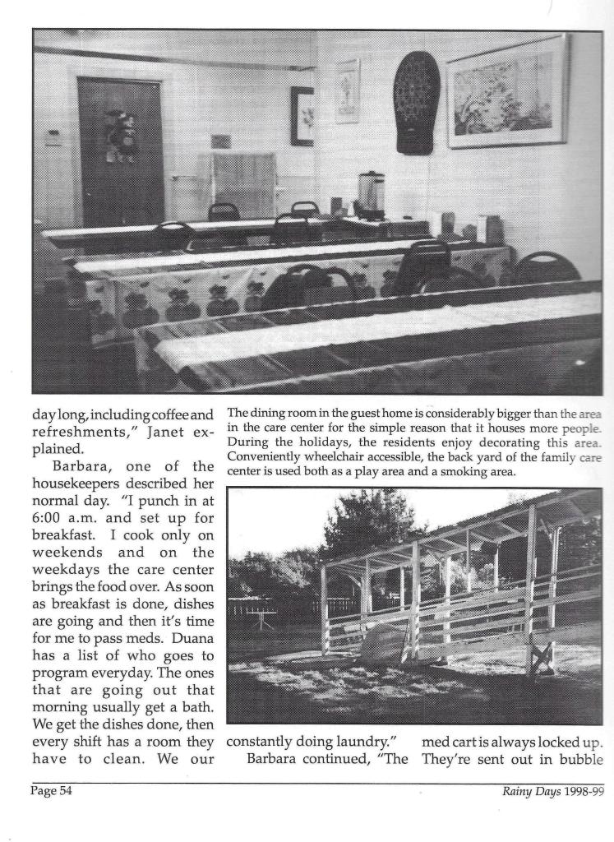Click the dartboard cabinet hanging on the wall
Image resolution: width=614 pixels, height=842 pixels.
pos(416,102)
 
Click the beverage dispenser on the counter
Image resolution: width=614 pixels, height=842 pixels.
pos(371,195)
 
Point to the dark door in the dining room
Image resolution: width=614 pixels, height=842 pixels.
pos(120,151)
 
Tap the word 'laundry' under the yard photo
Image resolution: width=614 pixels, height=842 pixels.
pos(359,744)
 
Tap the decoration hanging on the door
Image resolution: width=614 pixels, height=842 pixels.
pos(120,132)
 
